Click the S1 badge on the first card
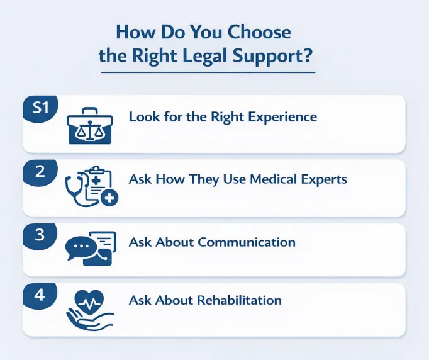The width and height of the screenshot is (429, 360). tap(40, 108)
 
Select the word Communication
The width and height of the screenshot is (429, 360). tap(247, 242)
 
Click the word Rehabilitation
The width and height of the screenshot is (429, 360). tap(240, 300)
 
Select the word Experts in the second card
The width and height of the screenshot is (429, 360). tap(324, 179)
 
